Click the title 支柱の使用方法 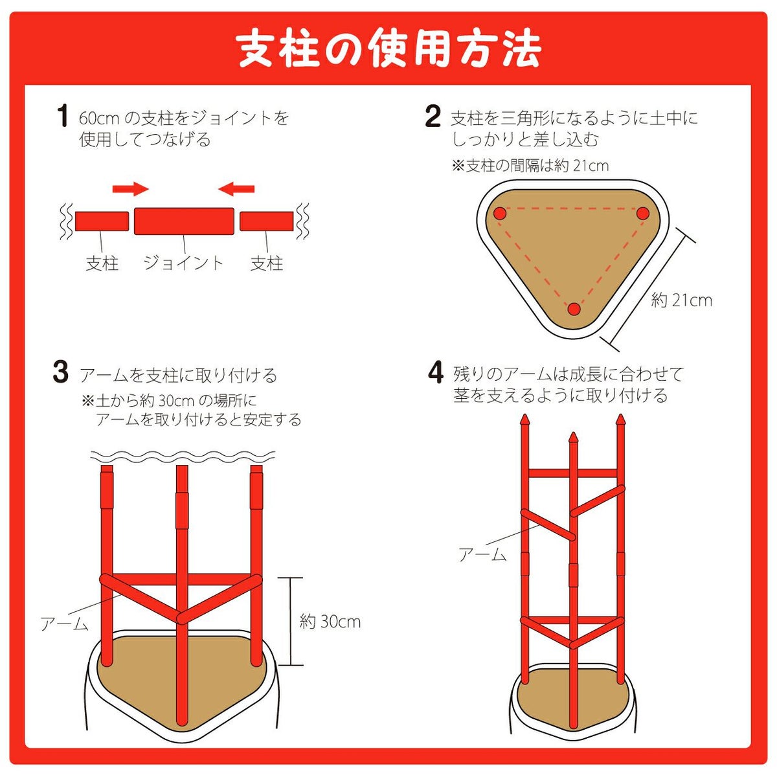pos(388,50)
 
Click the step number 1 pos(62,116)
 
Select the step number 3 pos(60,371)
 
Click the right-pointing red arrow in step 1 pos(131,188)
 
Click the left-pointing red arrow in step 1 pos(236,188)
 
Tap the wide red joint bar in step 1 pos(184,221)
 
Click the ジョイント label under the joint pos(183,263)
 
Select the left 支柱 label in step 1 pos(102,264)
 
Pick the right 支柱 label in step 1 pos(267,264)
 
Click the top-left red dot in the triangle pos(500,213)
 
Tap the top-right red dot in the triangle pos(643,213)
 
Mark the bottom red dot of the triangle pos(574,310)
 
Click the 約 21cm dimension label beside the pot pos(681,300)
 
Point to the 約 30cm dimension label pos(330,622)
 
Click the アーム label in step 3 pos(65,624)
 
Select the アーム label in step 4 pos(482,554)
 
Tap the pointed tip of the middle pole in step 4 pos(573,433)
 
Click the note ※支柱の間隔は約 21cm pos(530,166)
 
